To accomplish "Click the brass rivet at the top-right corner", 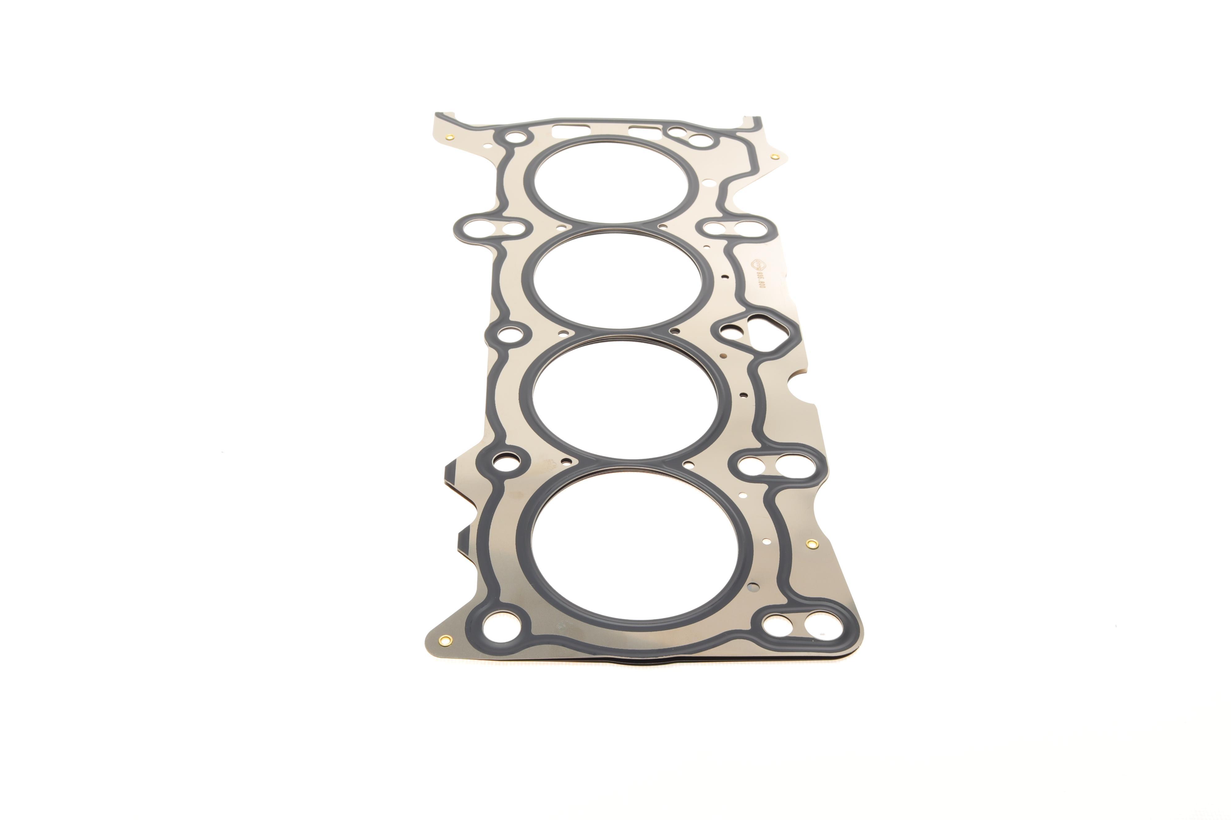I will coord(775,156).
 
